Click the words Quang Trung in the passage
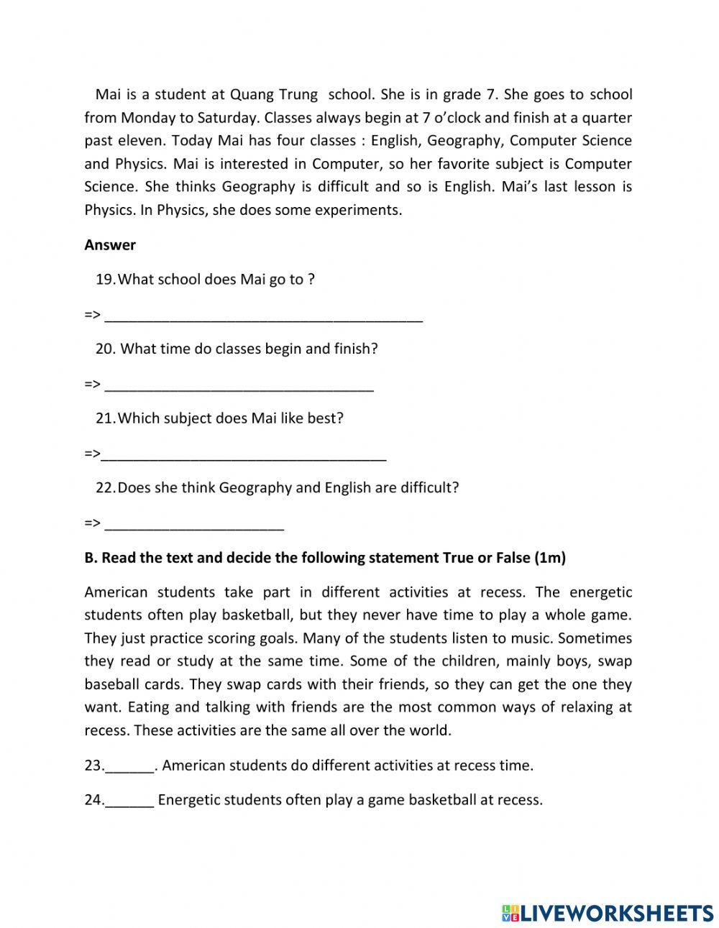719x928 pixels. (273, 94)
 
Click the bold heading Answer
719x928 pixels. (110, 244)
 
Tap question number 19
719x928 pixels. (105, 279)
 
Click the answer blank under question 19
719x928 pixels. (263, 316)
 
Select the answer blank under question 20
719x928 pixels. (239, 386)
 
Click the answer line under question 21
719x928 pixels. (244, 455)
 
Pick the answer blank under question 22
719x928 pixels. (194, 525)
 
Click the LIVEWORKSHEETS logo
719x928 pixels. (608, 913)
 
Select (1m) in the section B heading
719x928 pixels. (551, 558)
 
